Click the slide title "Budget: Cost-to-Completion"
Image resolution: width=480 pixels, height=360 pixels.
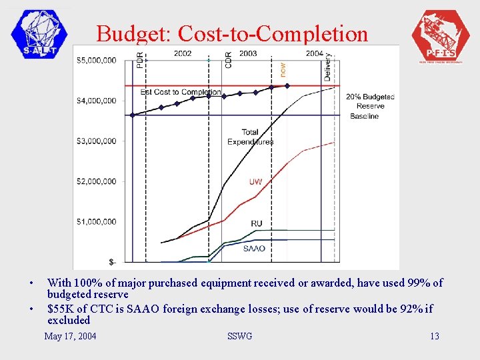coord(231,33)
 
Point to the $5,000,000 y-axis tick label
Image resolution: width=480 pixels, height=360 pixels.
coord(96,61)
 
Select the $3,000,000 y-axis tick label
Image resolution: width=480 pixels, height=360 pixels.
coord(96,141)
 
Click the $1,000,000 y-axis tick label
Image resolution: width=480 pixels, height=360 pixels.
coord(96,222)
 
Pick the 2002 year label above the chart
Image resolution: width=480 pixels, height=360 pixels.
coord(183,53)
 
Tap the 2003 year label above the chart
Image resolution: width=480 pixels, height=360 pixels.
coord(248,53)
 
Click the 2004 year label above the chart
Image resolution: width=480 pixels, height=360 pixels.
coord(315,53)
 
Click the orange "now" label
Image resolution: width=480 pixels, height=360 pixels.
coord(283,68)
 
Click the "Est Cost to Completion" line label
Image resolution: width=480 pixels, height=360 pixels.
coord(181,92)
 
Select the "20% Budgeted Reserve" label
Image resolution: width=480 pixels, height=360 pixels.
coord(370,101)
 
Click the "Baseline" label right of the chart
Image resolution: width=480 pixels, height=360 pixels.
coord(364,116)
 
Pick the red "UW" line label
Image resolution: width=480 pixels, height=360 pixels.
coord(255,182)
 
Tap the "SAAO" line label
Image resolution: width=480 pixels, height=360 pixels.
coord(254,249)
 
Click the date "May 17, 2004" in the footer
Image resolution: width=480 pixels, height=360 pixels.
coord(70,336)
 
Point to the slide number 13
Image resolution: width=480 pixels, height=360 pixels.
coord(435,336)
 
